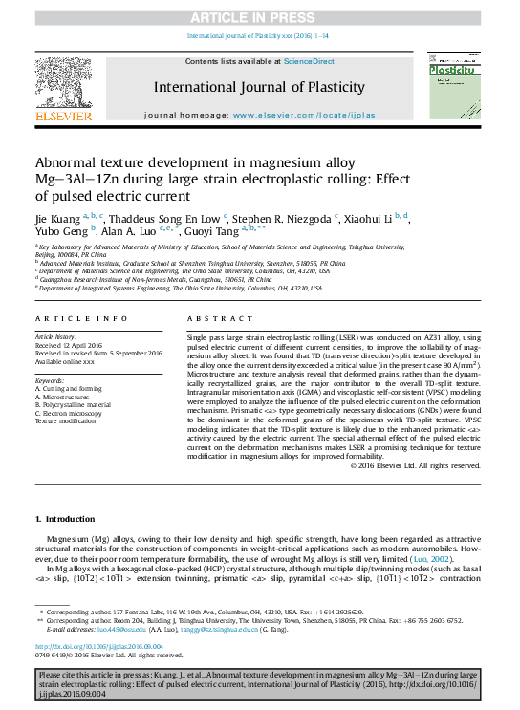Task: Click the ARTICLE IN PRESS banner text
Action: tap(259, 17)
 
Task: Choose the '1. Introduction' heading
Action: tap(65, 519)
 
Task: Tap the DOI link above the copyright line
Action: tap(99, 646)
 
